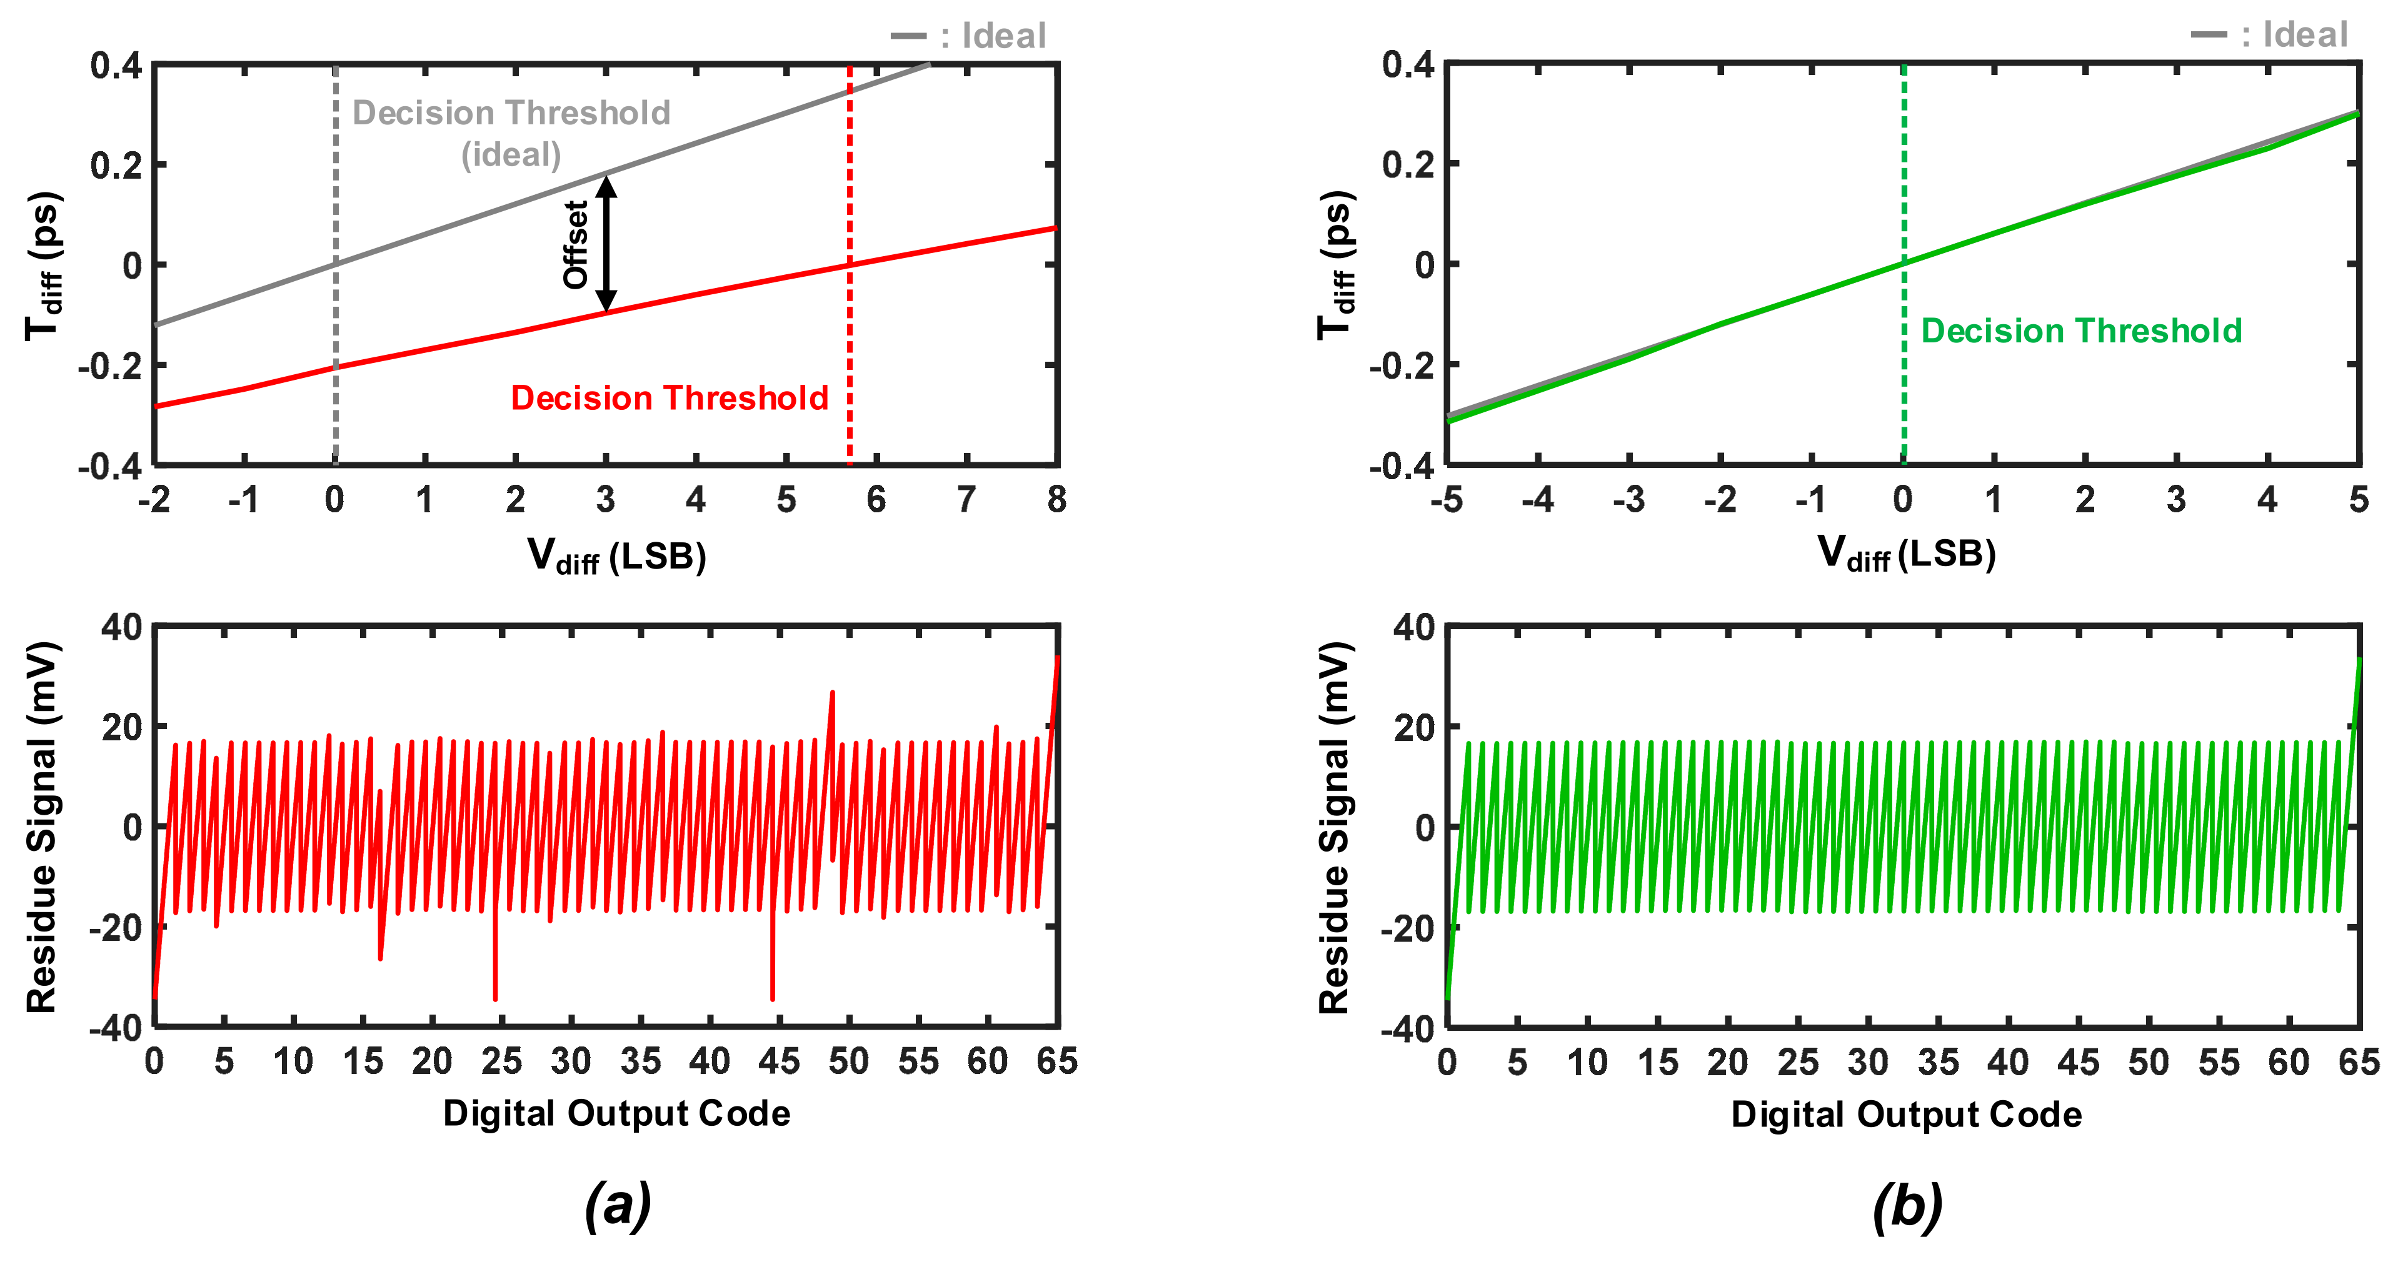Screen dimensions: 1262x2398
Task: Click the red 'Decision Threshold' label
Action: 670,399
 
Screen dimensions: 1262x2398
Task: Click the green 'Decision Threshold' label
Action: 2082,331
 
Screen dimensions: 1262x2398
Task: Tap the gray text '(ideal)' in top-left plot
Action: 511,154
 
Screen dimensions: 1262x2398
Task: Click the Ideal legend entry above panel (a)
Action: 969,36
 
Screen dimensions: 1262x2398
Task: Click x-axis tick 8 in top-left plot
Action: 1056,500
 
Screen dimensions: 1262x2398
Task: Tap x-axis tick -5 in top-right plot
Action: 1447,500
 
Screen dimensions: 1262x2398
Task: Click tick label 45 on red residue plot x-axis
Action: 778,1062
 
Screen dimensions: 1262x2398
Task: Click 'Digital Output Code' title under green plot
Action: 1905,1115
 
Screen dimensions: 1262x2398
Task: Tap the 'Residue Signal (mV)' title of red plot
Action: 42,827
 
